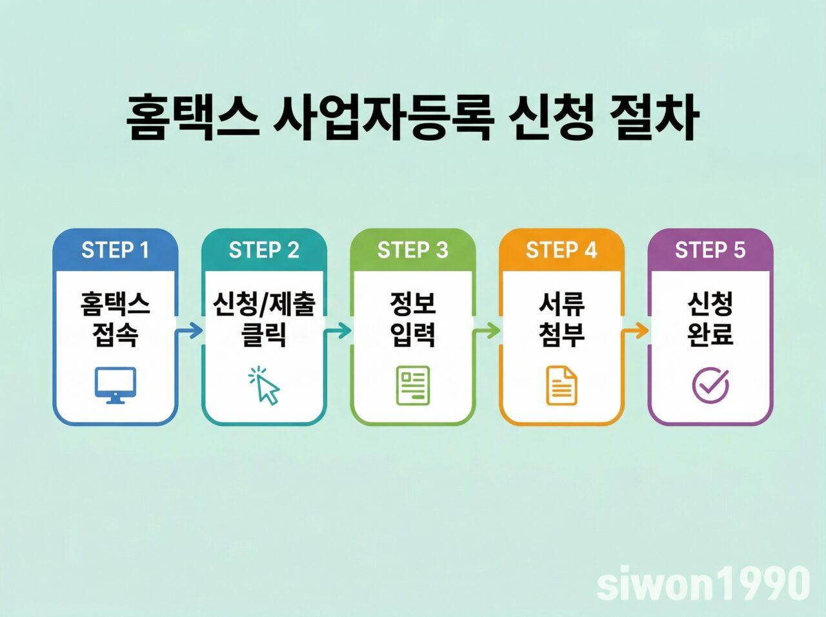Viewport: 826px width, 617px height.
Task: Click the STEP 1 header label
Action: tap(115, 250)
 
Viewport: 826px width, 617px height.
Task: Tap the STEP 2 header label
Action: tap(264, 250)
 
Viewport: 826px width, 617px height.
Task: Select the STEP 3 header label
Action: tap(412, 250)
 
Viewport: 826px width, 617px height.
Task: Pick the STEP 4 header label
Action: tap(561, 250)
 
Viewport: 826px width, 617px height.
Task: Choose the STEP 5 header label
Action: tap(710, 250)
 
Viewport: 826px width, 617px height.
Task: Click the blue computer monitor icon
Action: tap(116, 385)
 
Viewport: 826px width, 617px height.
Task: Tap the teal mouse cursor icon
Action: tap(265, 386)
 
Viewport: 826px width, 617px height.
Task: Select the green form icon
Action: tap(413, 386)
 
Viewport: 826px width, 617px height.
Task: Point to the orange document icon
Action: tap(561, 385)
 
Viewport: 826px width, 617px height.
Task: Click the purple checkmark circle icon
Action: tap(710, 385)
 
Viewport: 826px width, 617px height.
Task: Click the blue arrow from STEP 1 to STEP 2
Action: tap(189, 331)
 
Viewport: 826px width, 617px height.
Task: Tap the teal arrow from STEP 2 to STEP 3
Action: tap(338, 331)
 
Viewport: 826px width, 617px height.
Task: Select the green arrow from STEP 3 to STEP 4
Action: tap(487, 331)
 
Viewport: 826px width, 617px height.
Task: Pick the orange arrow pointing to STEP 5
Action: tap(636, 331)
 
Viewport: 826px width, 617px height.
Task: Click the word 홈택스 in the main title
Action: tap(191, 119)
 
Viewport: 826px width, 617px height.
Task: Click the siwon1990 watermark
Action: tap(703, 583)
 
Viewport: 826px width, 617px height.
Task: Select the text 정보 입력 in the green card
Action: tap(413, 319)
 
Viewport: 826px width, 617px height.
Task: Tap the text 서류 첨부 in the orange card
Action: tap(561, 319)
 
